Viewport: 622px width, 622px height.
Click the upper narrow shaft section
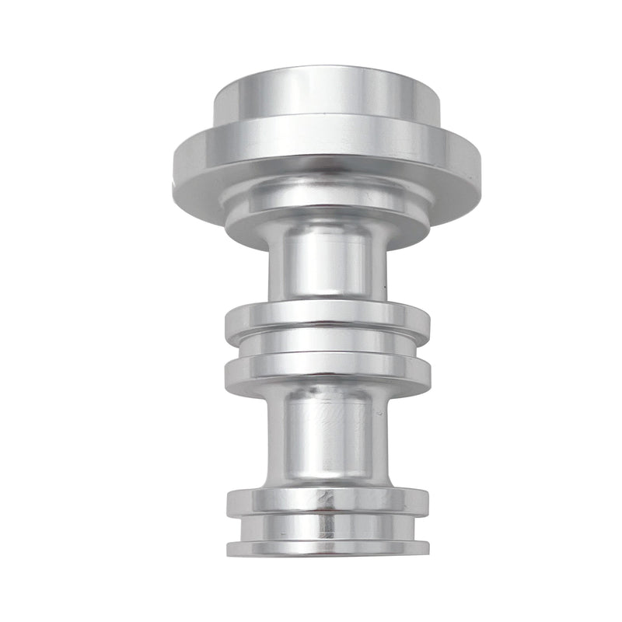tap(327, 264)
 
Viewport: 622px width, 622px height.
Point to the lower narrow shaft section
tap(327, 435)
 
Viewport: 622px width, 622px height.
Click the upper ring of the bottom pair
tap(327, 501)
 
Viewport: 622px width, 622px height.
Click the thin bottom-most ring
tap(327, 547)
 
